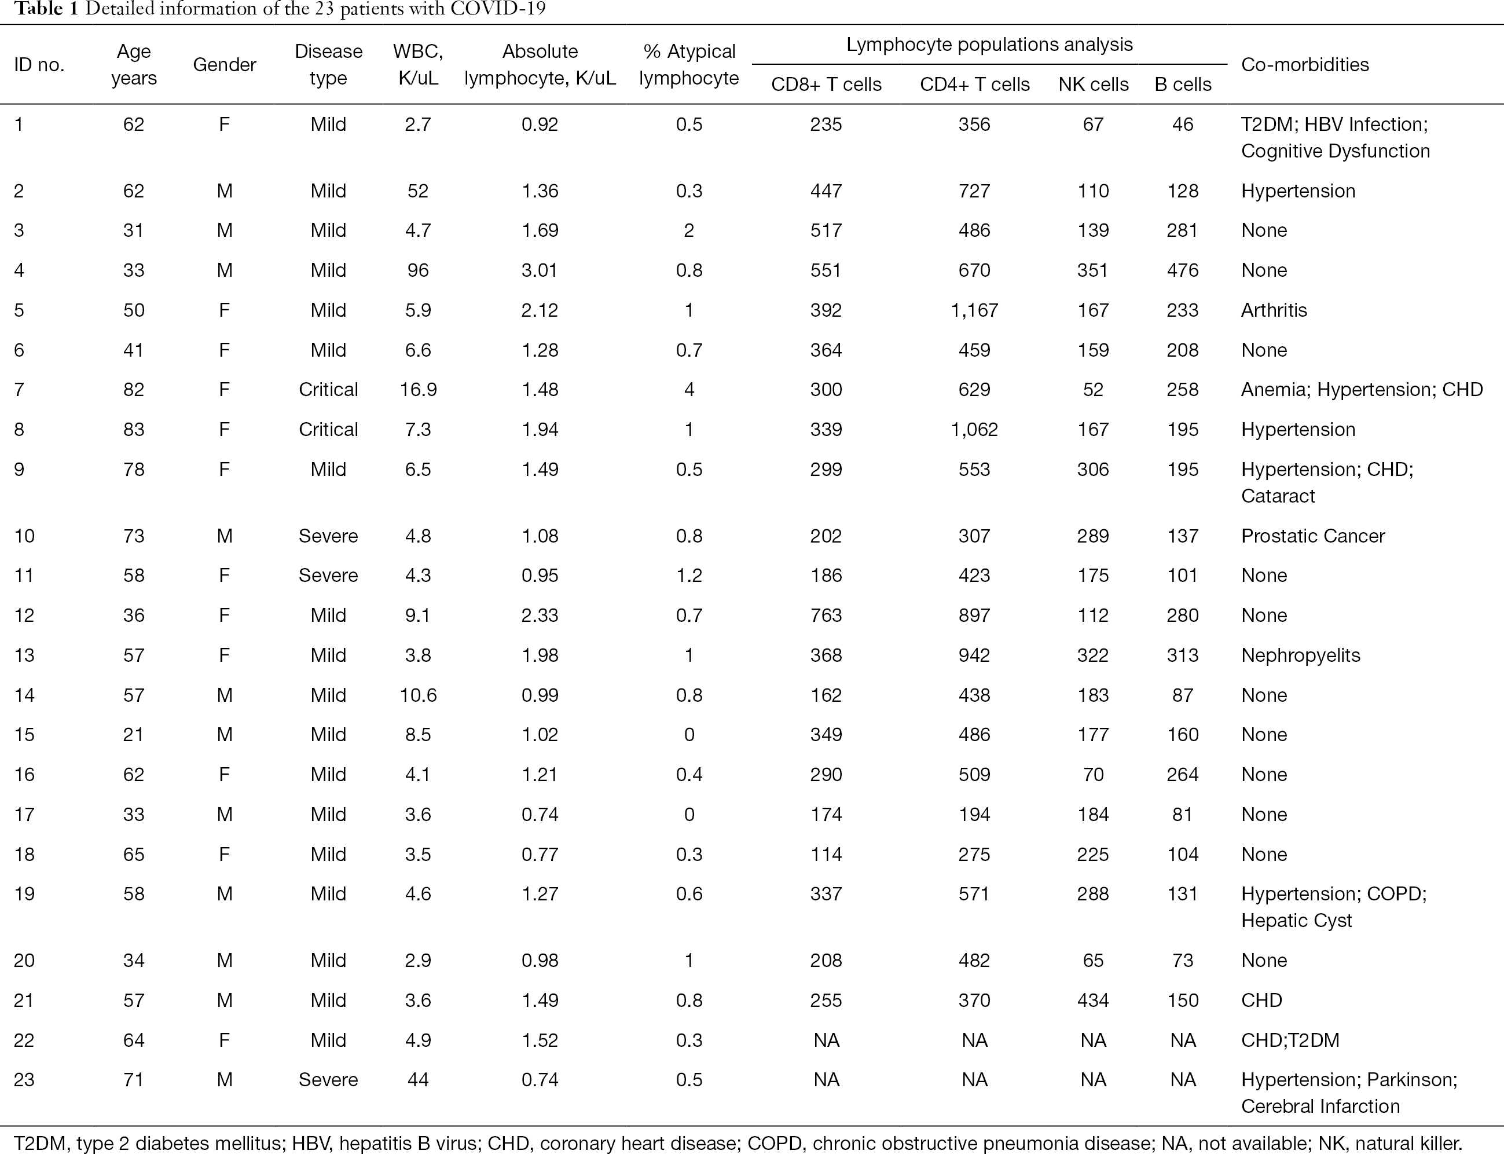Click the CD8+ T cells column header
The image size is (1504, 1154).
(x=826, y=85)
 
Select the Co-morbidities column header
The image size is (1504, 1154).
(x=1305, y=65)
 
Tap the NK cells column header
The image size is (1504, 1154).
(x=1094, y=85)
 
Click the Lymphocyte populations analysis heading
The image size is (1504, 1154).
(x=989, y=45)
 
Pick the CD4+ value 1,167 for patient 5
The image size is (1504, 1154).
(x=974, y=310)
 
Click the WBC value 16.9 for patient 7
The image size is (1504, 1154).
(x=418, y=390)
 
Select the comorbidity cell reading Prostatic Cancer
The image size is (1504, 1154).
(x=1313, y=536)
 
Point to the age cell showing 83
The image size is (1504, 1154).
(x=134, y=429)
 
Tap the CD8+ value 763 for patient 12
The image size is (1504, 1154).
(x=826, y=616)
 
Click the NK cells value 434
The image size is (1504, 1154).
(x=1094, y=1000)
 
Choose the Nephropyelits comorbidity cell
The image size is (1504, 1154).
(x=1301, y=655)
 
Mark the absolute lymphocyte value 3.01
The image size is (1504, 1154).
(x=540, y=270)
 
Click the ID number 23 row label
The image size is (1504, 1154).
(x=25, y=1080)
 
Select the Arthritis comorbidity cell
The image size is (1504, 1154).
(x=1274, y=310)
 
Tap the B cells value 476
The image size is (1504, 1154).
(x=1183, y=270)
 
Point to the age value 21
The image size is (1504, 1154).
(x=134, y=735)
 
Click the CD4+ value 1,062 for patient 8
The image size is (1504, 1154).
(x=974, y=429)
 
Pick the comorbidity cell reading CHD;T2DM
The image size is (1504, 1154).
(x=1290, y=1040)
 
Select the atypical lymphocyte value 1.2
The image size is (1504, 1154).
(x=689, y=576)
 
